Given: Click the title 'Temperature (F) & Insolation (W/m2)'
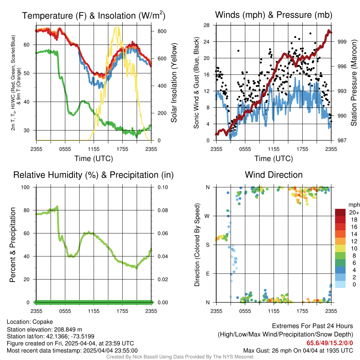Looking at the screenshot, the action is [94, 15].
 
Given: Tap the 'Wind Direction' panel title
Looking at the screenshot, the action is [274, 175].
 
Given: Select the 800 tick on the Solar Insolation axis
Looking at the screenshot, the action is [162, 31].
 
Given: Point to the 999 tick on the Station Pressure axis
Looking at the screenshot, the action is [342, 42].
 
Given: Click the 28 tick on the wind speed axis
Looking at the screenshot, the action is [206, 25].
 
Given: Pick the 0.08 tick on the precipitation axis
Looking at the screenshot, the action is [162, 210].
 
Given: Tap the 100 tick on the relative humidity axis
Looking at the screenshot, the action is [25, 187].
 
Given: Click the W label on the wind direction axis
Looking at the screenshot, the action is [207, 216].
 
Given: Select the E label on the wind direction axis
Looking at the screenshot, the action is [208, 274].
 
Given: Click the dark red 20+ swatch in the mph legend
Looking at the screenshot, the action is [340, 212].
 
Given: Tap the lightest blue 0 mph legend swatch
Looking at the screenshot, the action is [340, 284].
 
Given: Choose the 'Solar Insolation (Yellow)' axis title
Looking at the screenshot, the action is [174, 83].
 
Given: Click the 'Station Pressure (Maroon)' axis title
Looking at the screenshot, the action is [354, 83].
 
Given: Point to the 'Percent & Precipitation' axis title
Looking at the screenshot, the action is [12, 245].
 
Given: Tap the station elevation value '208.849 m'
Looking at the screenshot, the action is [68, 329].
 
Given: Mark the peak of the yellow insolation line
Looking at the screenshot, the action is [118, 26].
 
